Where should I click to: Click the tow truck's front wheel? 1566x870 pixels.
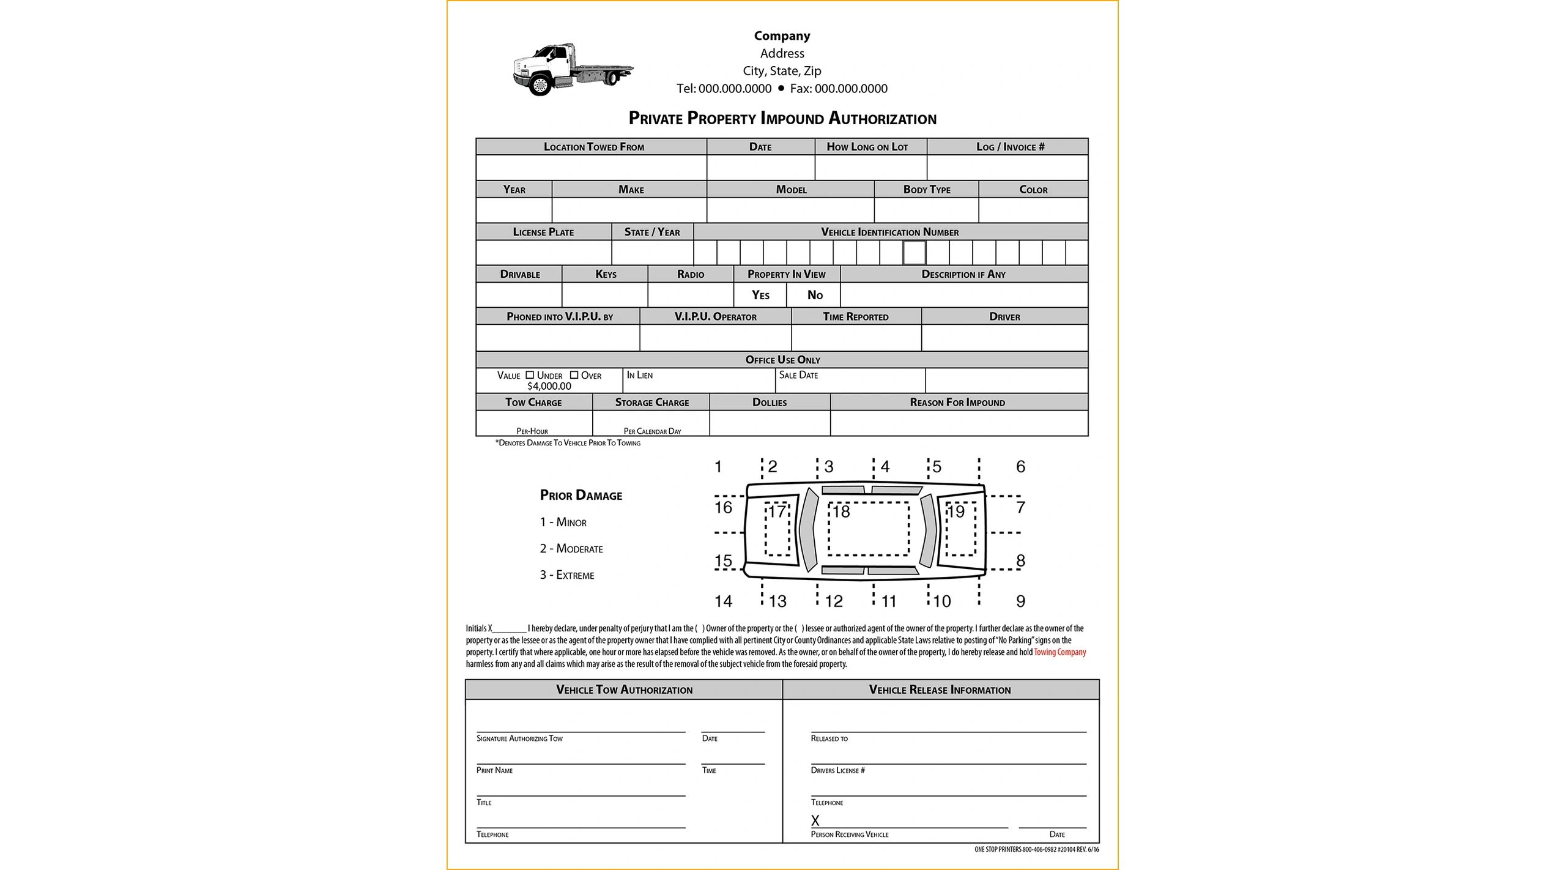[x=540, y=84]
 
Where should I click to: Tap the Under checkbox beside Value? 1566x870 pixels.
[x=530, y=375]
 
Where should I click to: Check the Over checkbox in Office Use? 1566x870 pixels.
[x=574, y=375]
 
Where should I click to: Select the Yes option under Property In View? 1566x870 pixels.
[x=760, y=296]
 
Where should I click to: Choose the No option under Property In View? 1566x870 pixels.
[x=815, y=296]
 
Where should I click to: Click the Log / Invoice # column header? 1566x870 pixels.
[x=1010, y=147]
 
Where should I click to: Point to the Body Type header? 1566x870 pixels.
[x=926, y=190]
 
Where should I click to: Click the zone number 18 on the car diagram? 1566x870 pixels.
[x=842, y=512]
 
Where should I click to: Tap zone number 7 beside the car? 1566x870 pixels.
[x=1020, y=507]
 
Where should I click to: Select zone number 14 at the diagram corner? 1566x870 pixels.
[x=723, y=601]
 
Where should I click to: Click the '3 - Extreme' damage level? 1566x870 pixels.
[x=566, y=575]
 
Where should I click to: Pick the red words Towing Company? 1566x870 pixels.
[x=1059, y=652]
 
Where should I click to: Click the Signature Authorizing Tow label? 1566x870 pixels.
[x=519, y=738]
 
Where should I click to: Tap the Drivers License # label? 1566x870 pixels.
[x=837, y=770]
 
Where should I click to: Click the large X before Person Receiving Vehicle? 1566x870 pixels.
[x=815, y=821]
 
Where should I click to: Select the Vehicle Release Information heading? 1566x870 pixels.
[x=940, y=690]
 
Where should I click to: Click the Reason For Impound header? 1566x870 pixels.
[x=957, y=403]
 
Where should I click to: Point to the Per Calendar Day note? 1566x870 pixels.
[x=652, y=431]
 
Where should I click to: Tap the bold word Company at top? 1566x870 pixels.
[x=782, y=36]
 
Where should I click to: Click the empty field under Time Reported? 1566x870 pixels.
[x=856, y=338]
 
